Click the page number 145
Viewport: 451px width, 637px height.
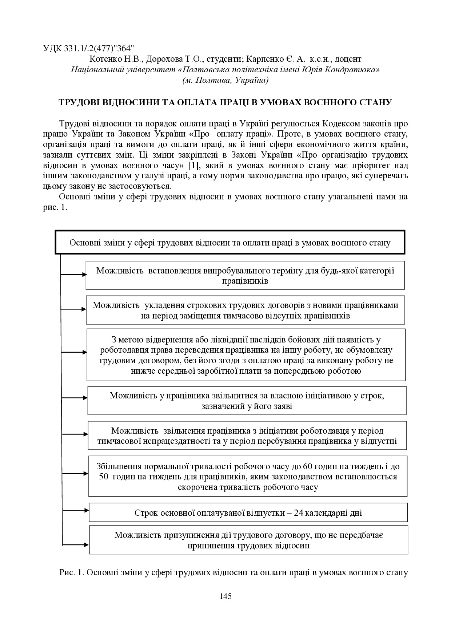click(x=225, y=596)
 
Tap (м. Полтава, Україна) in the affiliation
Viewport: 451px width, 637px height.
click(x=225, y=80)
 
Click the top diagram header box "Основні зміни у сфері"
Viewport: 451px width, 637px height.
click(x=230, y=242)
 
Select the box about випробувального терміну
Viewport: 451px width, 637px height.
click(x=245, y=275)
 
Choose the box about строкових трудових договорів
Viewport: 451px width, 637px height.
click(x=245, y=310)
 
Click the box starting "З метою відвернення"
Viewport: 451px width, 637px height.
click(x=246, y=355)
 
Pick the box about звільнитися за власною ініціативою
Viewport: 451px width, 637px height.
click(x=247, y=400)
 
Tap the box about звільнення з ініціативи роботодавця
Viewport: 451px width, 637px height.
click(x=247, y=435)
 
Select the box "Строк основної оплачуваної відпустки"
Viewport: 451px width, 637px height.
click(x=248, y=512)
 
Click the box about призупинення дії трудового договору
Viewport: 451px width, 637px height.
click(x=248, y=540)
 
